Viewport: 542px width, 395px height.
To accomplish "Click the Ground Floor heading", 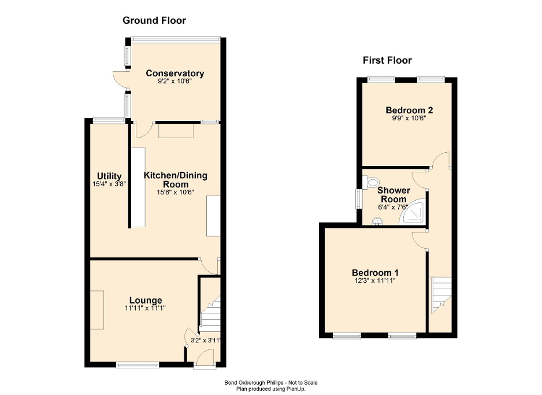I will [x=154, y=21].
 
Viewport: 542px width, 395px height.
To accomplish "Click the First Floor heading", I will [x=387, y=60].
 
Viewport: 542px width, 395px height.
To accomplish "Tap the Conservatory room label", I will [x=175, y=73].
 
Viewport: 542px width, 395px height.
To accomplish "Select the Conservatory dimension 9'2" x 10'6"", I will [x=175, y=82].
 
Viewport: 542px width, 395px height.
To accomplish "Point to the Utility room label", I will [x=109, y=176].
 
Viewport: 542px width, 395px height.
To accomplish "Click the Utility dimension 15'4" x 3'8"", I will [x=109, y=184].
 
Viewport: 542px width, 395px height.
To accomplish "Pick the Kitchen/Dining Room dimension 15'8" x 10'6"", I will [x=175, y=192].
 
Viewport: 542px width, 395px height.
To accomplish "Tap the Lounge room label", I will [x=146, y=300].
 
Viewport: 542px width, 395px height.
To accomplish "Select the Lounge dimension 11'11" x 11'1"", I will [x=146, y=308].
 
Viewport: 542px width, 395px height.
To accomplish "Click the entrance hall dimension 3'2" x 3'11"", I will [x=206, y=340].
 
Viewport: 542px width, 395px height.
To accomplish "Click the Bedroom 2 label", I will [x=410, y=110].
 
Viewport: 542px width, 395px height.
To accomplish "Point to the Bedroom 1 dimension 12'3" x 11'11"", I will [x=376, y=280].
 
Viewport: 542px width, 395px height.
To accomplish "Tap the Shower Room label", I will [x=393, y=195].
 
